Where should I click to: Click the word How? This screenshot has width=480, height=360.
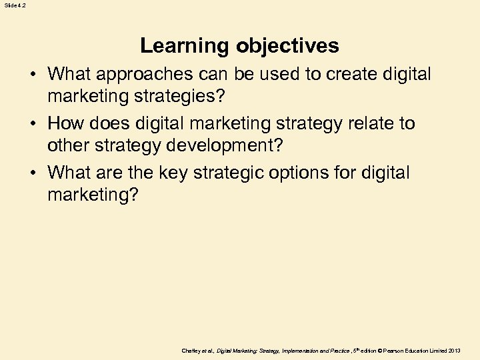(65, 123)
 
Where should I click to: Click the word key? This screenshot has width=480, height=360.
(171, 173)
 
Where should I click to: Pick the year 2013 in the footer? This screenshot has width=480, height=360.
(454, 350)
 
